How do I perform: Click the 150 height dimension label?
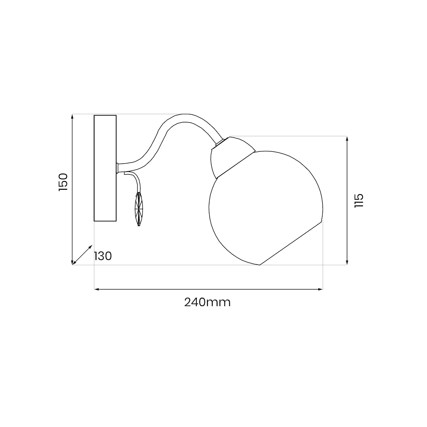coord(63,182)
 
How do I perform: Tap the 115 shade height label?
coord(359,201)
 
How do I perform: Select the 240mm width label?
coord(208,302)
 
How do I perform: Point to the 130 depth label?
coord(103,256)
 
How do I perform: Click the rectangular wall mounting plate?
coord(105,168)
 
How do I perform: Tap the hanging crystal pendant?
coord(139,209)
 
